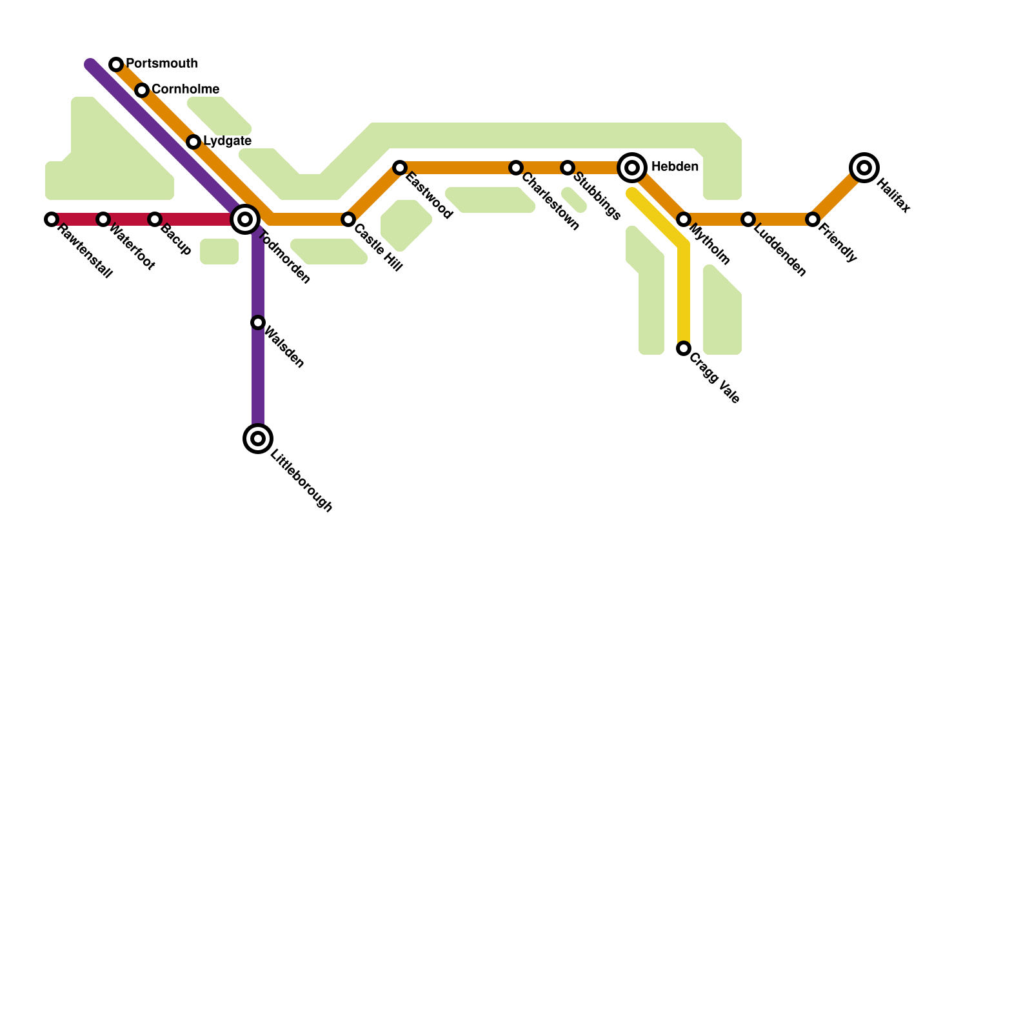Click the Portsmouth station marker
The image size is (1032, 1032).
[116, 64]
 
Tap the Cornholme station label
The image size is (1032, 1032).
[185, 89]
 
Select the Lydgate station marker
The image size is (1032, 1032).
[193, 142]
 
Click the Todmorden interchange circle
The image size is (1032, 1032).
[245, 219]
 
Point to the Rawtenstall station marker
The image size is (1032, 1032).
[52, 219]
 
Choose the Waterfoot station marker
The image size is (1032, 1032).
[103, 219]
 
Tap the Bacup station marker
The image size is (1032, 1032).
[155, 219]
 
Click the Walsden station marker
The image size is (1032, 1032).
[258, 322]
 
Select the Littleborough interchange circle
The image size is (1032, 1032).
[258, 439]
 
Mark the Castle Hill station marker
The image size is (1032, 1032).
[348, 219]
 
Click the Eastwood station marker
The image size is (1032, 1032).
[400, 168]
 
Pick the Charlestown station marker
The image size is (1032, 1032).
[516, 168]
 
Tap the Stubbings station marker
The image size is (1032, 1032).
[568, 168]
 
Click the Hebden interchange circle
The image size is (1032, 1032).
[632, 168]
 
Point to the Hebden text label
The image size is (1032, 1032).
[675, 167]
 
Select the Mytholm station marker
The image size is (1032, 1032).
[684, 219]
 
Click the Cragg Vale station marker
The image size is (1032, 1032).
[684, 348]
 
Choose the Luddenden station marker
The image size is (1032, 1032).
[748, 219]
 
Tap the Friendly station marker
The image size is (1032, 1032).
[813, 219]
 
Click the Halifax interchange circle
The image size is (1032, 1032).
[864, 168]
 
